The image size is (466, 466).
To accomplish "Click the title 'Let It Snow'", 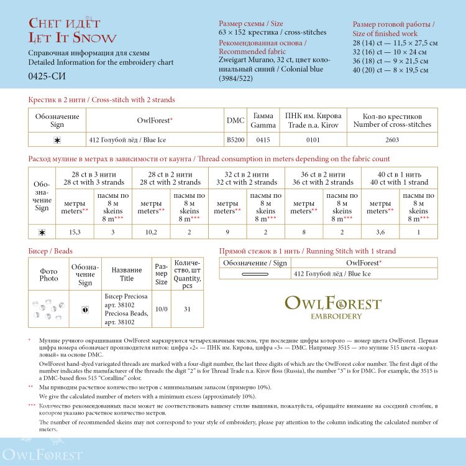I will pyautogui.click(x=72, y=39).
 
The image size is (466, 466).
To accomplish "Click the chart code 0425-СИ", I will pyautogui.click(x=47, y=77).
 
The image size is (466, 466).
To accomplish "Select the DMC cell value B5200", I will pyautogui.click(x=235, y=140).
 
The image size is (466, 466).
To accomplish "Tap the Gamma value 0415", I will pyautogui.click(x=263, y=140).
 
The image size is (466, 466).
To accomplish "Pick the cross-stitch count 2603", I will pyautogui.click(x=392, y=140).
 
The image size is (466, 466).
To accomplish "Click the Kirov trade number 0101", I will pyautogui.click(x=313, y=140).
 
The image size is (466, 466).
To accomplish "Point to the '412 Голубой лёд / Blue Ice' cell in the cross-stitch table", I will pyautogui.click(x=127, y=140).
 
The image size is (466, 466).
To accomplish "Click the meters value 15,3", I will pyautogui.click(x=75, y=232).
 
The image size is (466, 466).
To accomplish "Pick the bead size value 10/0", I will pyautogui.click(x=161, y=309).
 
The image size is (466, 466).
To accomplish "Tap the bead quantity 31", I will pyautogui.click(x=187, y=309).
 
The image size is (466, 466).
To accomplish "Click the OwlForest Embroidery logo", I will pyautogui.click(x=333, y=307).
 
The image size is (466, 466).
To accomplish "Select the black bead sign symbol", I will pyautogui.click(x=85, y=309).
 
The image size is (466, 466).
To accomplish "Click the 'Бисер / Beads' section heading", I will pyautogui.click(x=50, y=251).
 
